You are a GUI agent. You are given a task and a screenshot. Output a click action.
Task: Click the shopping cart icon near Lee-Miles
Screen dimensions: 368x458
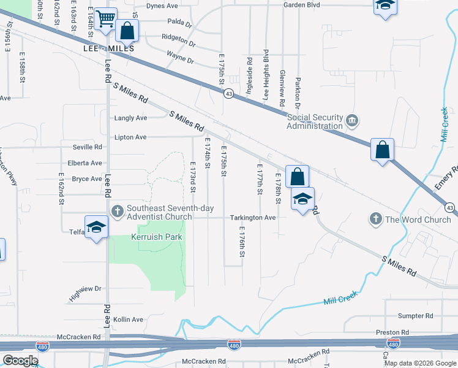click(x=106, y=18)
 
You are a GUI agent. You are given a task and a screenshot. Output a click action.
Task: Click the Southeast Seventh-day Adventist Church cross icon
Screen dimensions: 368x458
click(x=118, y=211)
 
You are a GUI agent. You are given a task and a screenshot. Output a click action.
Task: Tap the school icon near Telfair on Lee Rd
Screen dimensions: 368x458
click(x=96, y=228)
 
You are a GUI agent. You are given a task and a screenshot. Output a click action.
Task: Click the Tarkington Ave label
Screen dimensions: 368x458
click(x=253, y=218)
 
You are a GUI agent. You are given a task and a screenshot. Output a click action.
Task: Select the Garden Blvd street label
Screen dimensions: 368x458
click(x=301, y=5)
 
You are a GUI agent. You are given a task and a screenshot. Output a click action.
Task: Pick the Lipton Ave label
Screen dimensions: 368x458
click(x=130, y=137)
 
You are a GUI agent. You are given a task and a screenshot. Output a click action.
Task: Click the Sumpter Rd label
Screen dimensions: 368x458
click(x=415, y=316)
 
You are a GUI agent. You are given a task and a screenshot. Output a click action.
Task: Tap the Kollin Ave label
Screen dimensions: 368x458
click(x=128, y=320)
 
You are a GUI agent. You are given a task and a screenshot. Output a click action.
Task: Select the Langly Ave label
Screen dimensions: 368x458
click(x=131, y=118)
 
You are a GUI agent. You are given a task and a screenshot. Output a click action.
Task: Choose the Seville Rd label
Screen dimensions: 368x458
click(x=88, y=147)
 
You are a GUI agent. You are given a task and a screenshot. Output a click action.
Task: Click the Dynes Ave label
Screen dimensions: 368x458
click(x=162, y=6)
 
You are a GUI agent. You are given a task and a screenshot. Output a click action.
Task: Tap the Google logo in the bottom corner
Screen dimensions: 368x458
click(x=20, y=361)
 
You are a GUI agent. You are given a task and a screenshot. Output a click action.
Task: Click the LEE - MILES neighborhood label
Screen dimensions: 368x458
click(x=108, y=48)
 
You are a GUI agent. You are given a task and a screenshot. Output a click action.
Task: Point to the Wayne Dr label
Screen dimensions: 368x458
click(x=180, y=59)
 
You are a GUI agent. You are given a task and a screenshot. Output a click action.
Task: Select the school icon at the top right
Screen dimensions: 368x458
click(x=385, y=6)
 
